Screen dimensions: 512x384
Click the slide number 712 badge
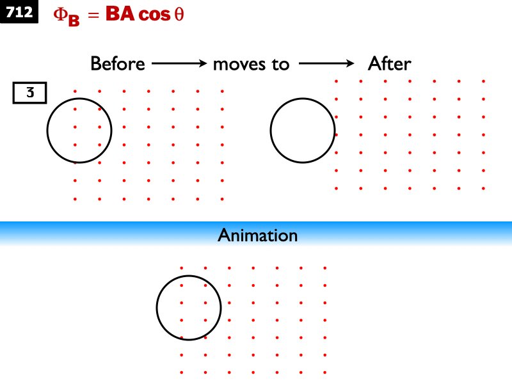[x=19, y=13]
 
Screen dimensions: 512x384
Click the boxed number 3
[x=29, y=93]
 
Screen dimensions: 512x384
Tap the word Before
[x=118, y=64]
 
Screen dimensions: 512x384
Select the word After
[x=389, y=64]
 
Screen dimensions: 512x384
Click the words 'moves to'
[x=251, y=64]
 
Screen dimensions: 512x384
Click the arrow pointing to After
[x=326, y=64]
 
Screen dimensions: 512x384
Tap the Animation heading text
[x=257, y=236]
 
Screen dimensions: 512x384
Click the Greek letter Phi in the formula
[x=59, y=15]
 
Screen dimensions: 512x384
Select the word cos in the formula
[x=155, y=15]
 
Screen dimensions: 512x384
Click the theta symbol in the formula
[x=179, y=15]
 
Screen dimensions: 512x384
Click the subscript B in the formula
[x=74, y=20]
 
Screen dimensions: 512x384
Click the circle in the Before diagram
[x=79, y=130]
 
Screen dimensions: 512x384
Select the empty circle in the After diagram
[x=302, y=130]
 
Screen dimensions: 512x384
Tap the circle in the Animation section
[x=189, y=308]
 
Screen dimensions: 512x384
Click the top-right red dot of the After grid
[x=483, y=81]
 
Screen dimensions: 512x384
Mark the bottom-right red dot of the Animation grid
[x=325, y=372]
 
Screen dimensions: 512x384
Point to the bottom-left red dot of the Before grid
[x=76, y=199]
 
